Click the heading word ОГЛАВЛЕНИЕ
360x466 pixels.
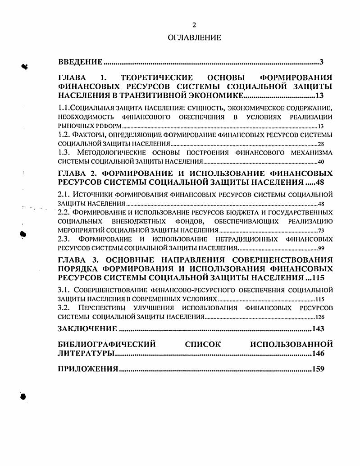click(x=194, y=38)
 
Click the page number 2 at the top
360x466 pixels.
click(x=194, y=25)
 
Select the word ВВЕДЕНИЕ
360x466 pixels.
click(x=81, y=62)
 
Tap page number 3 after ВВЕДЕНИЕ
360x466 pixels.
click(x=322, y=62)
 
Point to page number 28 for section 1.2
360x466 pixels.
click(x=321, y=144)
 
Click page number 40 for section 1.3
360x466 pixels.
click(x=321, y=162)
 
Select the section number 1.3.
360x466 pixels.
click(x=66, y=153)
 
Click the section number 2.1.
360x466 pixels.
click(x=66, y=195)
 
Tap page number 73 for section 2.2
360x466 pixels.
click(x=321, y=230)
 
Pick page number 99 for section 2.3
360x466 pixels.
click(x=321, y=248)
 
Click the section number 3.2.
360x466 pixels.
click(x=66, y=308)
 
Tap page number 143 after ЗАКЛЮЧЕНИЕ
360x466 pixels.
click(x=318, y=329)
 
